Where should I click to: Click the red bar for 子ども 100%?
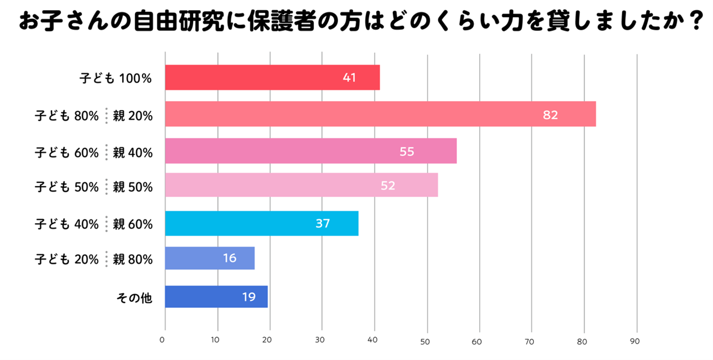271,78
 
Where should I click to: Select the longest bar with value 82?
380,114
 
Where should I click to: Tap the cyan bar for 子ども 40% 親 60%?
261,223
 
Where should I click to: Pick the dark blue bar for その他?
216,296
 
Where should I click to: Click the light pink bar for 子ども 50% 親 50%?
301,185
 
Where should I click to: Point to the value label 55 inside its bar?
406,151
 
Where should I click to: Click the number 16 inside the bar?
230,258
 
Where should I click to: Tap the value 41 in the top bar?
349,78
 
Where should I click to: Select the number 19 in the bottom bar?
249,297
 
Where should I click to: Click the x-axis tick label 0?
162,341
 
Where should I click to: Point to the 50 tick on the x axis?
425,342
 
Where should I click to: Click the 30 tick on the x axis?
320,341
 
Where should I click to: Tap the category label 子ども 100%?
114,78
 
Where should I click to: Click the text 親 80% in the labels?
132,260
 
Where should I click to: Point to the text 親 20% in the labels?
132,115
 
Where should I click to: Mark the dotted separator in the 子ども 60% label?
106,152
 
